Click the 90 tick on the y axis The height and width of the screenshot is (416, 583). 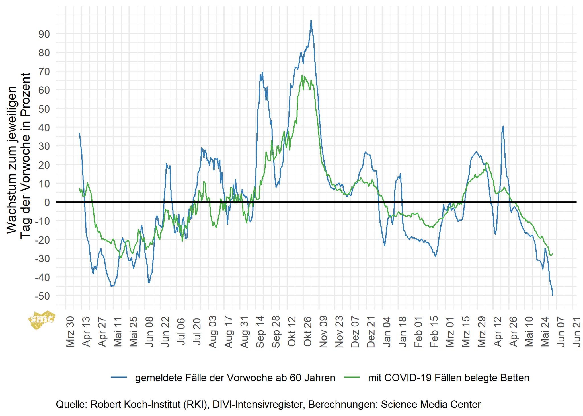[44, 34]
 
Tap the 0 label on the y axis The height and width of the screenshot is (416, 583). [47, 203]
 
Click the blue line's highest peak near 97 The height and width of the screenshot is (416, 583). [311, 20]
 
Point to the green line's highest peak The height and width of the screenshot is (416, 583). [302, 75]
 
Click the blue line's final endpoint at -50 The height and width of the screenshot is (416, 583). [553, 295]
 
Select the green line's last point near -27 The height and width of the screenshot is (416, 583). [553, 253]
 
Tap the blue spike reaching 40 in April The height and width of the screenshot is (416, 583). [503, 126]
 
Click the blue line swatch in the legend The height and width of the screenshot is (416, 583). [119, 377]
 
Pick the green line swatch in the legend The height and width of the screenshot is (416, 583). [352, 377]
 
